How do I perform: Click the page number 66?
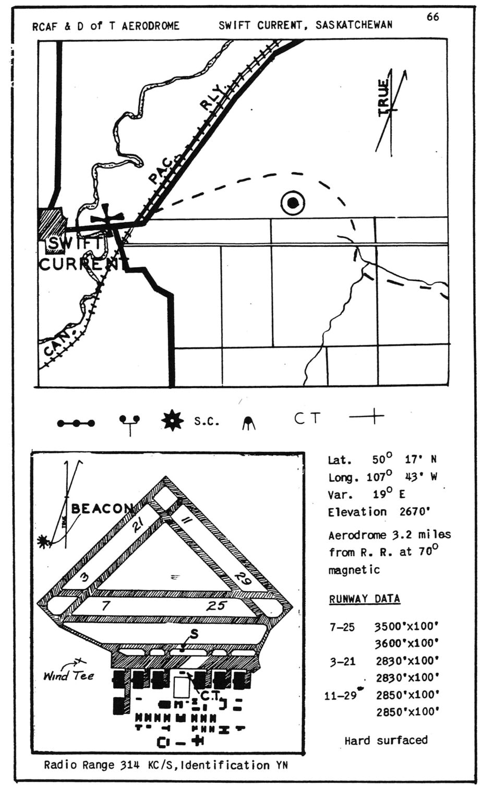tap(432, 17)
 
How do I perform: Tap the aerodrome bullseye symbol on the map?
tap(293, 204)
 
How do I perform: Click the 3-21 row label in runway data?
tap(343, 662)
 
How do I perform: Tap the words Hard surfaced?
tap(386, 740)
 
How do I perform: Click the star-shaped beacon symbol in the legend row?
tap(173, 421)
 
